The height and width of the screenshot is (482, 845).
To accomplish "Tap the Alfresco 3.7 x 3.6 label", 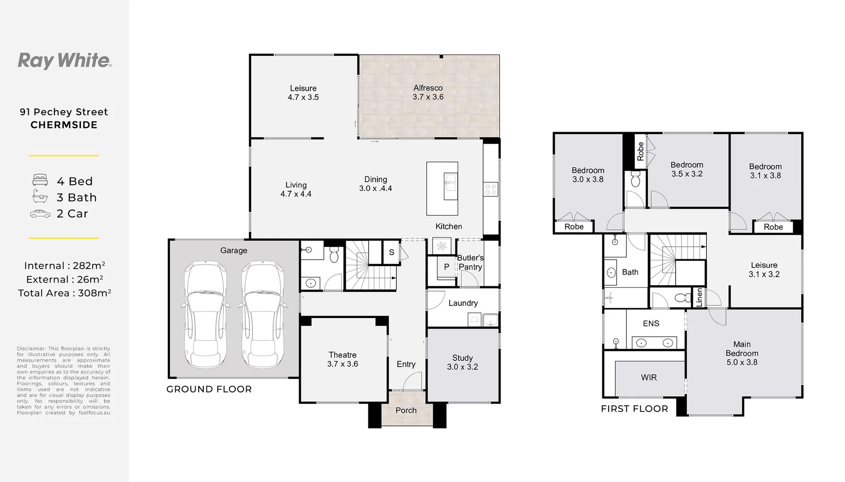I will point(428,92).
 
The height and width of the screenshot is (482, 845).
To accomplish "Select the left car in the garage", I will point(205,315).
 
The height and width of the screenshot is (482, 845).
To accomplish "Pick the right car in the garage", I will point(262,315).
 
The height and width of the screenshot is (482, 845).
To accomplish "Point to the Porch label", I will point(406,411).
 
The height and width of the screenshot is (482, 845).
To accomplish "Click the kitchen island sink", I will point(450,187).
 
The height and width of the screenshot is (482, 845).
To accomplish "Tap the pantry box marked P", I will point(446,267).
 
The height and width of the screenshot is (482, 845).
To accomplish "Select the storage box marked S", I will point(391,253).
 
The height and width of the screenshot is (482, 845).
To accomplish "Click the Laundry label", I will point(463,303).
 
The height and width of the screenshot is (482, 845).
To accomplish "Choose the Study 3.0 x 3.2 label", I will point(462,362).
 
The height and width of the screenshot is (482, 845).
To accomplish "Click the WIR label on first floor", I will point(648,378).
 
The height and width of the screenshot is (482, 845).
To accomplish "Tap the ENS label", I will point(651,324).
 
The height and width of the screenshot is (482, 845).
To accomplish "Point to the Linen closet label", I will point(699,297).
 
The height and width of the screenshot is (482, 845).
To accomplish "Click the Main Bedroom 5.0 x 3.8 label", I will point(741,353).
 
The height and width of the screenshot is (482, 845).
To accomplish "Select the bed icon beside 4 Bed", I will point(40,180).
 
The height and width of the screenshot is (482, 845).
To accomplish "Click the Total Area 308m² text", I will point(64,293).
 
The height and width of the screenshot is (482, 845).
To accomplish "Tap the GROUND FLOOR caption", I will point(209,389).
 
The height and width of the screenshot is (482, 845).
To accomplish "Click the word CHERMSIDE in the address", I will point(64,125).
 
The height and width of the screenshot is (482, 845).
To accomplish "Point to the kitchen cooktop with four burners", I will point(490,189).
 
